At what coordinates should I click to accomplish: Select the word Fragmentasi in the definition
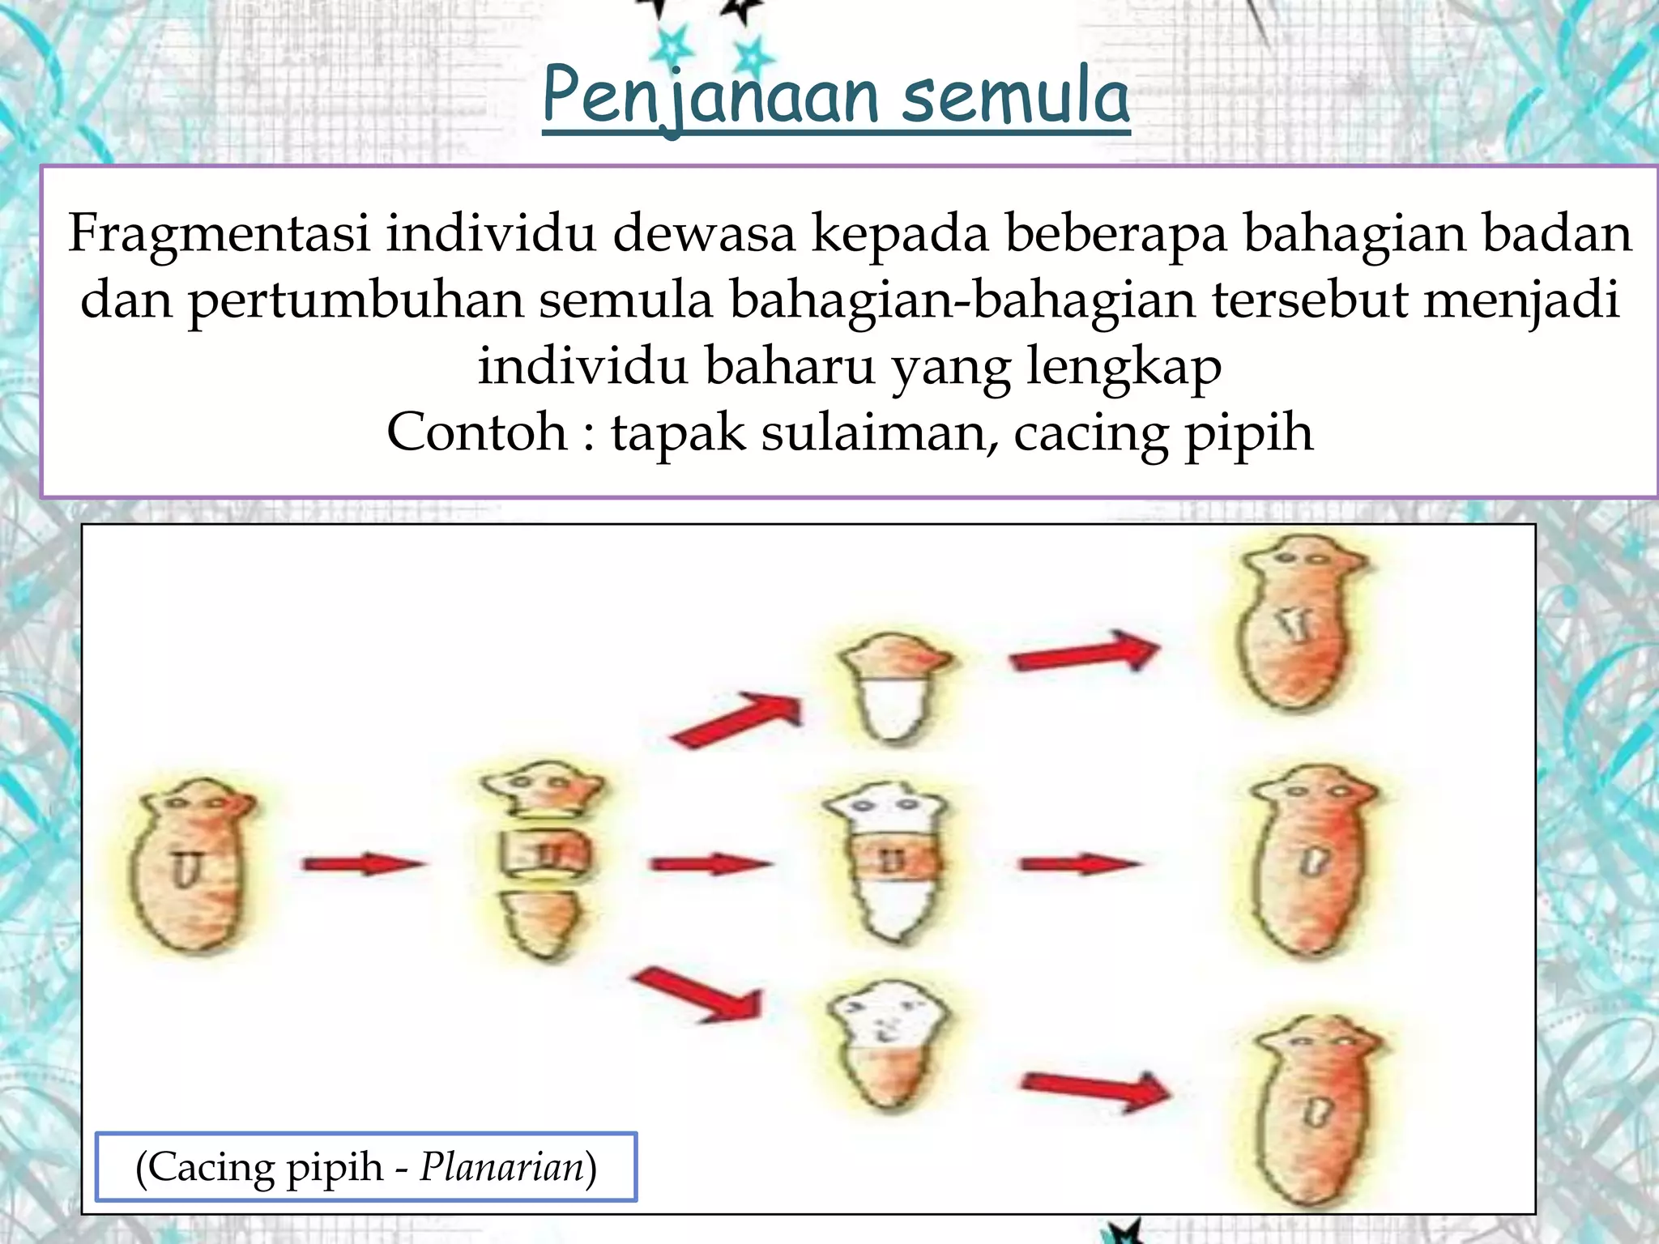[219, 233]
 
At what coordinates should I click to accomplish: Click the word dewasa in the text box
[703, 233]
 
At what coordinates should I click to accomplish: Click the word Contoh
[477, 432]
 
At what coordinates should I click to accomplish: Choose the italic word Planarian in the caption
[502, 1167]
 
